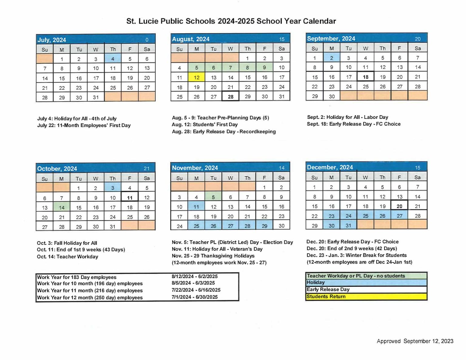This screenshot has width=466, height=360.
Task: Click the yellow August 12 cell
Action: pos(196,77)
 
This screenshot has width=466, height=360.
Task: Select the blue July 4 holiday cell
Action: pos(113,59)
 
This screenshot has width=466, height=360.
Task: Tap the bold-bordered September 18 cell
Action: pos(366,77)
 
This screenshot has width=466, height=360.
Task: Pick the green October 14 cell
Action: pos(62,207)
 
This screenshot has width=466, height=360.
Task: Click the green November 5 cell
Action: pos(213,197)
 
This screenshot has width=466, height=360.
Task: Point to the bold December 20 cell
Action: pos(399,206)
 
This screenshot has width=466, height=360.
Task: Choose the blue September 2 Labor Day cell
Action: pos(332,58)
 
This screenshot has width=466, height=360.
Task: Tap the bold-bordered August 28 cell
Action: pos(231,96)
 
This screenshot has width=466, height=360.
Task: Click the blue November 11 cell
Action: pos(196,207)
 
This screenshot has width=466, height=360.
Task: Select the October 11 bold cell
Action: pos(130,198)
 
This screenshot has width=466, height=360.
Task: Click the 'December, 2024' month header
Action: pos(330,167)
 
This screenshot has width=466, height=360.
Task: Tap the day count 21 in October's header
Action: pos(147,168)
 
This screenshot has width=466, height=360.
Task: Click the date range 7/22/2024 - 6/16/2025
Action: pos(196,290)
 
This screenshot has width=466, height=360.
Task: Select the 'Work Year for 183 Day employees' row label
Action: pos(77,277)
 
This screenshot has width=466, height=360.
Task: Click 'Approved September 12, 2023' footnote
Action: pos(415,341)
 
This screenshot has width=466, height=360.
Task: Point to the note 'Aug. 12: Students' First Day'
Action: pos(205,125)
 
